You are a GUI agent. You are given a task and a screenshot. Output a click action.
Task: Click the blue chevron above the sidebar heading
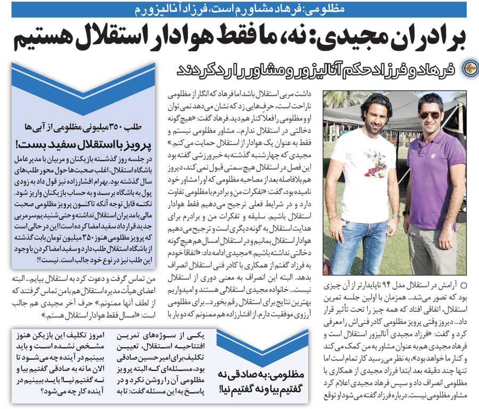(82, 75)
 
